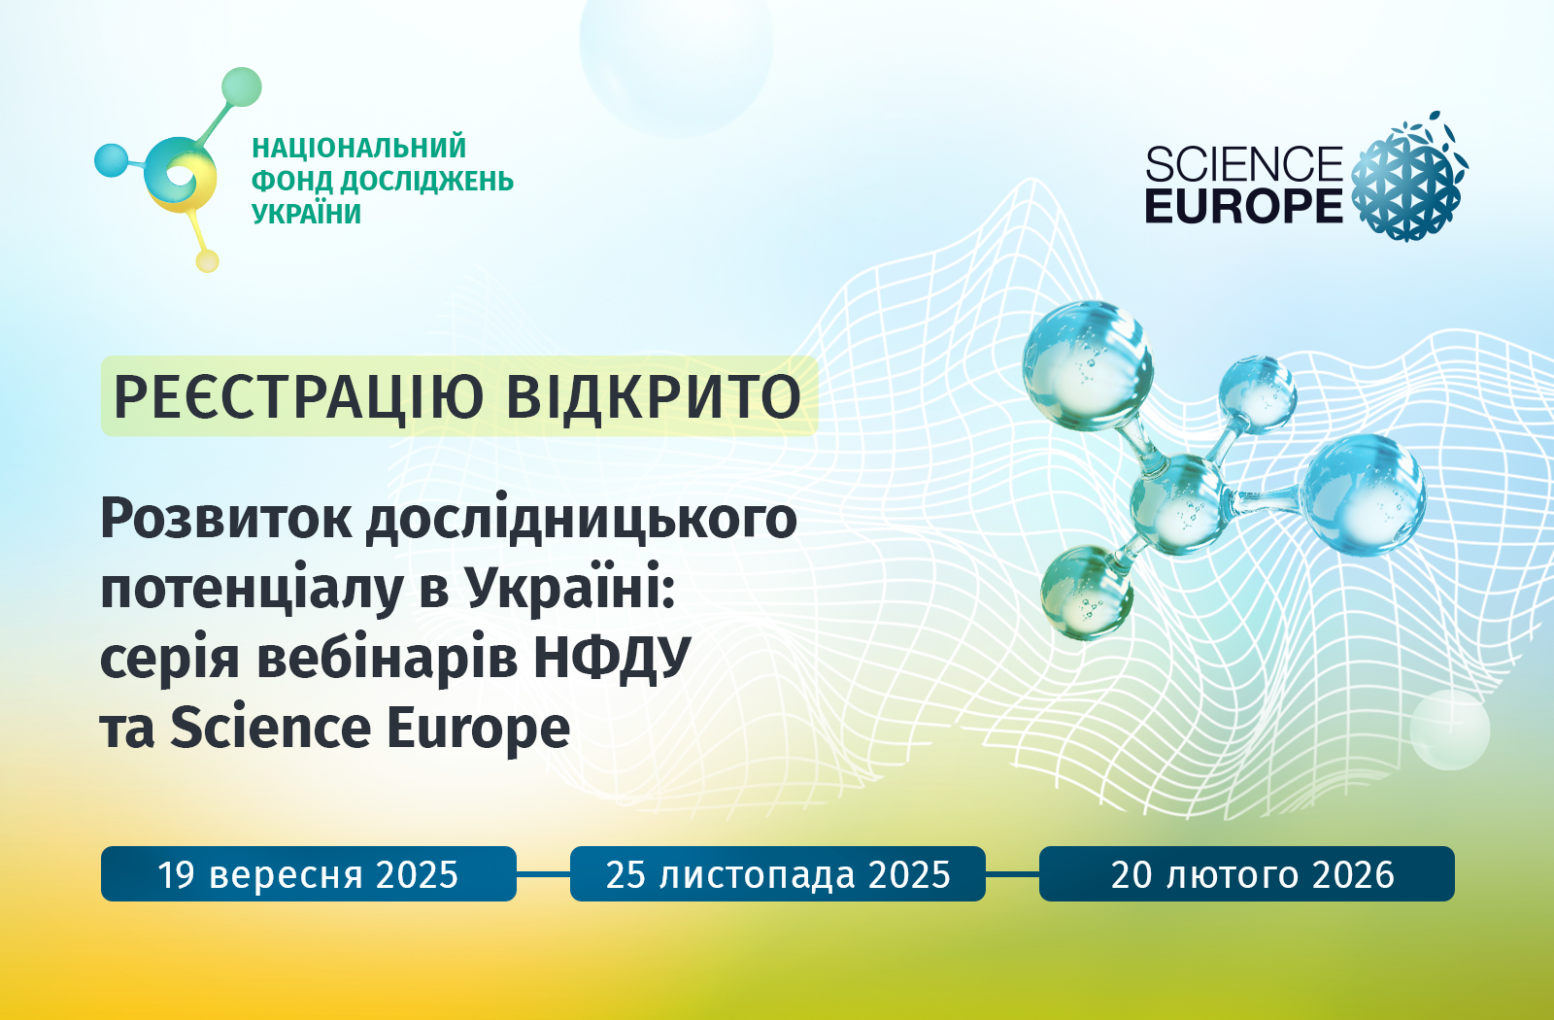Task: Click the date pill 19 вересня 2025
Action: click(309, 873)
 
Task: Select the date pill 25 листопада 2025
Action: click(778, 873)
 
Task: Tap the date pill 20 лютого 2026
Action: click(1247, 873)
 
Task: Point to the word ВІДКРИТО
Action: click(655, 397)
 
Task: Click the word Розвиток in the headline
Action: click(226, 519)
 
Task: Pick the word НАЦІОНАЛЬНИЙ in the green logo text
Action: click(358, 148)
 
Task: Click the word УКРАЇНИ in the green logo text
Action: click(306, 215)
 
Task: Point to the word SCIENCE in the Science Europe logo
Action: click(1244, 164)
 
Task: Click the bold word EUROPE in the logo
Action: click(1244, 205)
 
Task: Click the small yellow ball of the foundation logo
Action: click(208, 261)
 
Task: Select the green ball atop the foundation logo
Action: click(242, 87)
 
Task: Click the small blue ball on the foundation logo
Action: click(111, 160)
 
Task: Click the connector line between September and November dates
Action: click(543, 874)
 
